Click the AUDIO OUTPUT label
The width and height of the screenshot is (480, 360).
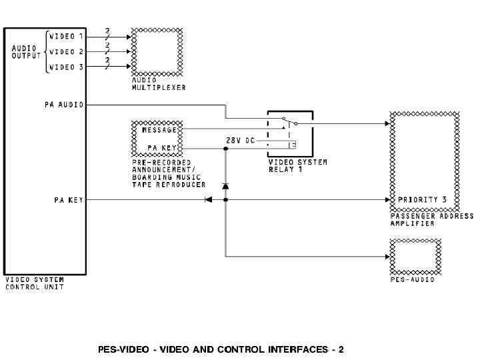click(26, 51)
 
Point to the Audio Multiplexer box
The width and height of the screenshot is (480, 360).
click(157, 52)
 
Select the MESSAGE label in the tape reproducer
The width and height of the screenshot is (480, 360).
click(160, 130)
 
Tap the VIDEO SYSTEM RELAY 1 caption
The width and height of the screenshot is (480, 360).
click(297, 165)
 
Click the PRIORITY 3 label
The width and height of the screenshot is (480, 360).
click(419, 199)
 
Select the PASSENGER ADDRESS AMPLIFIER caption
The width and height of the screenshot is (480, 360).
click(431, 220)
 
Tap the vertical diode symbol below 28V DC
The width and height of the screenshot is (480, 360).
click(225, 185)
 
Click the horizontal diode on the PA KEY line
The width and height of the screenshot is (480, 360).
click(208, 199)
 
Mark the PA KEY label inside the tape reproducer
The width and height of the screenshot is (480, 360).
click(162, 148)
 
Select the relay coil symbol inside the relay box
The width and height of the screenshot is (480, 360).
click(292, 145)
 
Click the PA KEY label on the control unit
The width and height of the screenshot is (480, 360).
click(69, 199)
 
